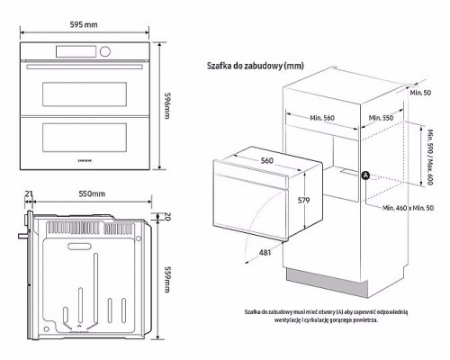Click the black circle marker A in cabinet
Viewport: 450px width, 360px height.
pos(365,175)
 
